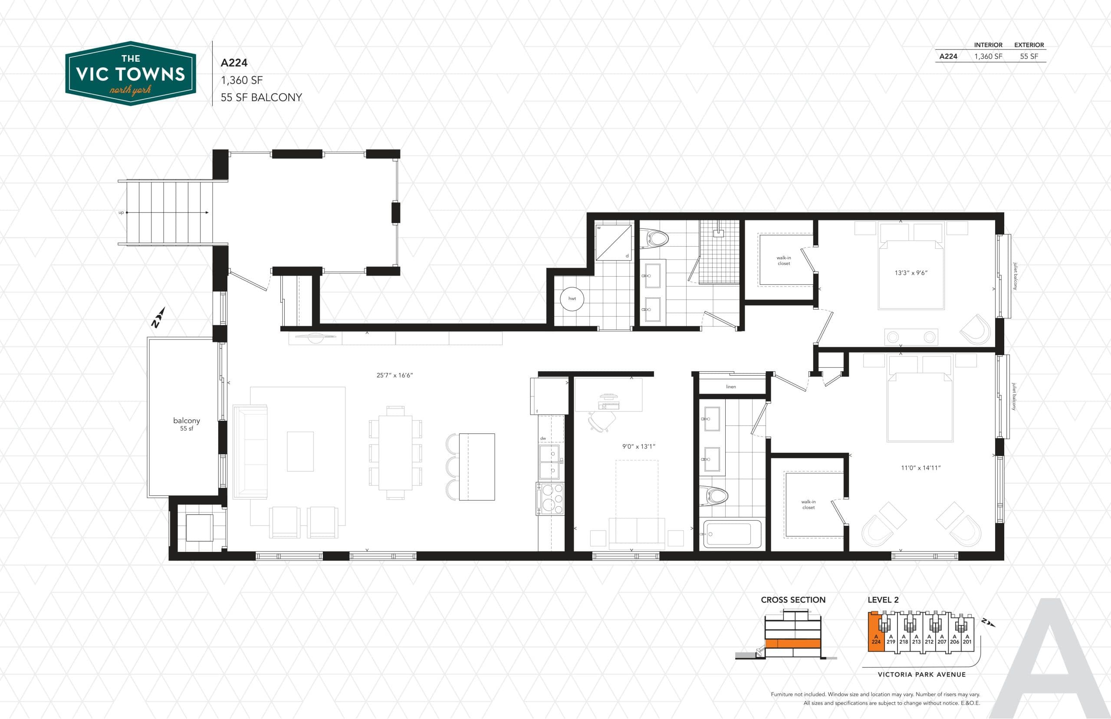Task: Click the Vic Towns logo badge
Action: (130, 73)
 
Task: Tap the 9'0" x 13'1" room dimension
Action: (638, 446)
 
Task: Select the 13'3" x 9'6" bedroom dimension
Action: (910, 273)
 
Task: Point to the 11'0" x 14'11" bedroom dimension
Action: (920, 467)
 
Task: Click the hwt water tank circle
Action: (572, 298)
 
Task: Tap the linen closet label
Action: (731, 386)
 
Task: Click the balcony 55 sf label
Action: (186, 423)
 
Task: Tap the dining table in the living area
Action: (395, 452)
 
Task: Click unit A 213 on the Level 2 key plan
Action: (916, 639)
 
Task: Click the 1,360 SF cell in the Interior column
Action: (988, 56)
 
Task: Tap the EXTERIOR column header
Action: (1029, 45)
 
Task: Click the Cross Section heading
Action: (793, 600)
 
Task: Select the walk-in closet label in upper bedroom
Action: (783, 261)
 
